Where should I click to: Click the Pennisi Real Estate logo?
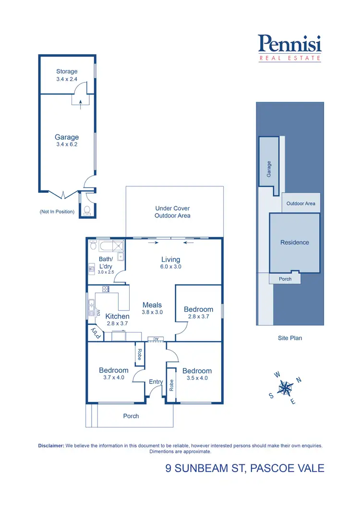(x=290, y=48)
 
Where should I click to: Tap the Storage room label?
(x=66, y=71)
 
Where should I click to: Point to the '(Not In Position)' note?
(x=57, y=212)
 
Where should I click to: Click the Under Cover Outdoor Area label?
(x=172, y=212)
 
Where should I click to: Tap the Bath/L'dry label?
(x=105, y=262)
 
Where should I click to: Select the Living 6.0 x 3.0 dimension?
(x=170, y=267)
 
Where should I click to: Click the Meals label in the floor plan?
(x=152, y=305)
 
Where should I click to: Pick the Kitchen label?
(x=117, y=317)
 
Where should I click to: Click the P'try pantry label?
(x=95, y=333)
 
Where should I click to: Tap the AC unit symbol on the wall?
(x=156, y=339)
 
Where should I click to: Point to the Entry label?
(x=156, y=382)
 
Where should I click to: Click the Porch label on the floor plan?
(x=131, y=416)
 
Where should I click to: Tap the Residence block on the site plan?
(x=295, y=242)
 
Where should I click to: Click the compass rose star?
(x=286, y=387)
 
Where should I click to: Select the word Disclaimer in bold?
(x=51, y=446)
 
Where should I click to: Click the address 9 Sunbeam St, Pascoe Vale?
(x=245, y=468)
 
